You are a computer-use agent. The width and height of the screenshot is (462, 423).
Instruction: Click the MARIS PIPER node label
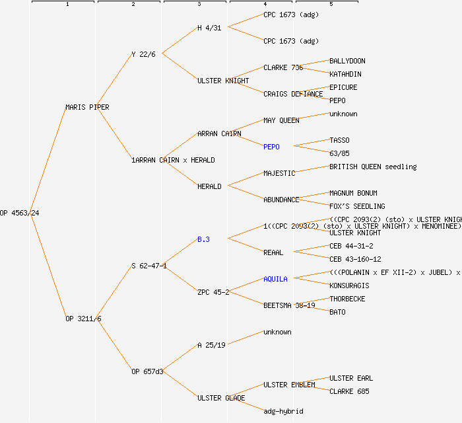[87, 107]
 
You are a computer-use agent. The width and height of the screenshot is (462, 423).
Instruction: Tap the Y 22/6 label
[143, 54]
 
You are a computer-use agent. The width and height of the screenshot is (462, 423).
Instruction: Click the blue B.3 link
[203, 239]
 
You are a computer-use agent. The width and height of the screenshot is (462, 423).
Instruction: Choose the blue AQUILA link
[275, 279]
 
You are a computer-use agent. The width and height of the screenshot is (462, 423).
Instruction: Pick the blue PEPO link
[271, 147]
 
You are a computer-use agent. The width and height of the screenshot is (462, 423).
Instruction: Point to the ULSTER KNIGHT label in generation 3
[223, 81]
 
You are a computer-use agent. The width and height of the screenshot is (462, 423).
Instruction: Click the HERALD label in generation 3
[209, 186]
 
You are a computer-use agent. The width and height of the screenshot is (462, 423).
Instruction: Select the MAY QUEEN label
[281, 120]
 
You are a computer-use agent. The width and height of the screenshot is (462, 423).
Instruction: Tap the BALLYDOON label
[347, 61]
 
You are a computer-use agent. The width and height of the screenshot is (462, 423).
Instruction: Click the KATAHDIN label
[345, 74]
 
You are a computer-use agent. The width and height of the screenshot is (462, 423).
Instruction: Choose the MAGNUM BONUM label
[353, 193]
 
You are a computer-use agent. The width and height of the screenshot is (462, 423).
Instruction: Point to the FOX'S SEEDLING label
[357, 206]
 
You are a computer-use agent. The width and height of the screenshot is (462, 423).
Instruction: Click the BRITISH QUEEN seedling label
[373, 167]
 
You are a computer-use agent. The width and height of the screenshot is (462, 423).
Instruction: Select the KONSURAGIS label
[349, 286]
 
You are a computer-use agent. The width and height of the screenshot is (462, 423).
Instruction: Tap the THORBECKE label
[347, 299]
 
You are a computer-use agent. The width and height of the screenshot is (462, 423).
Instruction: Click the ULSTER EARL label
[351, 378]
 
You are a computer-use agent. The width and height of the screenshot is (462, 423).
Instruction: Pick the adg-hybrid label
[283, 411]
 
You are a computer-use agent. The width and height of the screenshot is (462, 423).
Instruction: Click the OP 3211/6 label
[83, 319]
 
